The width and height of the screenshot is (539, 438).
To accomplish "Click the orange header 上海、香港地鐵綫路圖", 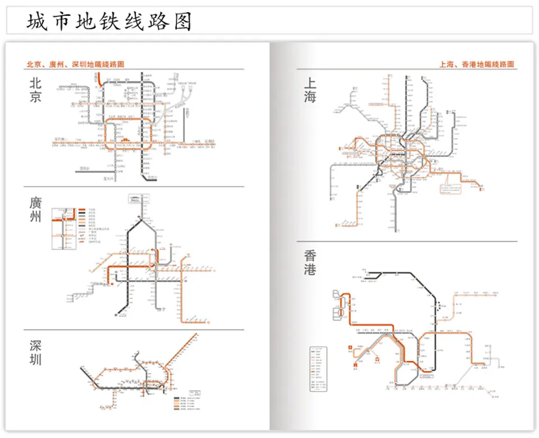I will [477, 65].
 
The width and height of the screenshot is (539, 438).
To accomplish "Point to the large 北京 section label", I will [35, 90].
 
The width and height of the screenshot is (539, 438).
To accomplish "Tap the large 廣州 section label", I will [35, 209].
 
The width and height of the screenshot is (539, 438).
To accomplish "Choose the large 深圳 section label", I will [35, 352].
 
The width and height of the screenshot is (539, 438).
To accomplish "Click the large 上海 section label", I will [310, 90].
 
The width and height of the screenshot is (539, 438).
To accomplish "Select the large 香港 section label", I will [310, 263].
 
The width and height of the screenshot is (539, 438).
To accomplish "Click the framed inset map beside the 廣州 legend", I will [64, 229].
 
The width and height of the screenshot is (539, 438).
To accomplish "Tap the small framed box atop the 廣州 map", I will [137, 198].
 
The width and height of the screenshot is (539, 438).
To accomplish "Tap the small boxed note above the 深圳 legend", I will [196, 391].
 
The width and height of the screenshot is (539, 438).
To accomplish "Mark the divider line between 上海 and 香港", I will [407, 241].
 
